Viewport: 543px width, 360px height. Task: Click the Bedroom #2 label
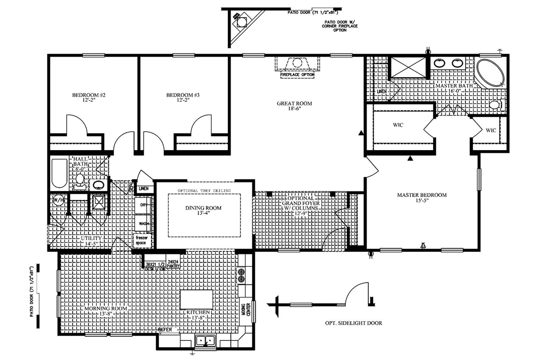[x=89, y=95]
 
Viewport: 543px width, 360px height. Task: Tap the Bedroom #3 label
[x=183, y=95]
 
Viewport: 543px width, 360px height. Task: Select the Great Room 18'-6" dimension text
[x=294, y=109]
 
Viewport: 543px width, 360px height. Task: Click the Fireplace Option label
[x=297, y=75]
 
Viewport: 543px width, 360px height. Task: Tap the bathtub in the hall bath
[x=59, y=173]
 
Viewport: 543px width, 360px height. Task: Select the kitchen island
[x=197, y=299]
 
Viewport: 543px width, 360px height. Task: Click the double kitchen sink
[x=206, y=340]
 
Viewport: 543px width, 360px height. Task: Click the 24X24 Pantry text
[x=173, y=264]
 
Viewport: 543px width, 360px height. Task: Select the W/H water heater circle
[x=59, y=200]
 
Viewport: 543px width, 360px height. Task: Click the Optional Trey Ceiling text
[x=204, y=191]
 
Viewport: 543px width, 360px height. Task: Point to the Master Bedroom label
[x=422, y=195]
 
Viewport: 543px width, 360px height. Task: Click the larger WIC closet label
[x=398, y=125]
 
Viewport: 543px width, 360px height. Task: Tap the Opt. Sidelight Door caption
[x=354, y=323]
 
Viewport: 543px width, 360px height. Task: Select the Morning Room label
[x=105, y=308]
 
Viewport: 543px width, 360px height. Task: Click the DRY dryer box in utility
[x=143, y=205]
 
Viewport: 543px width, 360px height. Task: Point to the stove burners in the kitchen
[x=241, y=275]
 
